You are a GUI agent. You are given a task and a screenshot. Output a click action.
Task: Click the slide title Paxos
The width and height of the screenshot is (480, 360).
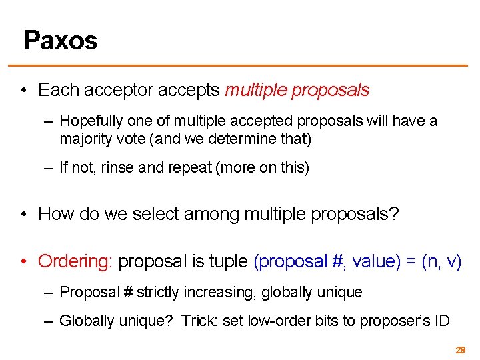61,41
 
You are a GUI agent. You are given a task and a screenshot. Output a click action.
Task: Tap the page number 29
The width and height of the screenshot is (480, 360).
460,349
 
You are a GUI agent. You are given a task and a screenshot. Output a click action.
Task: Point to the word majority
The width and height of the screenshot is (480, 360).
85,139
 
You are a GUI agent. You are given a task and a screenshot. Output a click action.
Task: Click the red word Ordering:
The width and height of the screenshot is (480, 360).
75,261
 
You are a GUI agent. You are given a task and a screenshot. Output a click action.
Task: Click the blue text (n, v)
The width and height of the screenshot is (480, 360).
441,261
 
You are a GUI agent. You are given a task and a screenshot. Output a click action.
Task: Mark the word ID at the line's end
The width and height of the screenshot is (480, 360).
441,321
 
